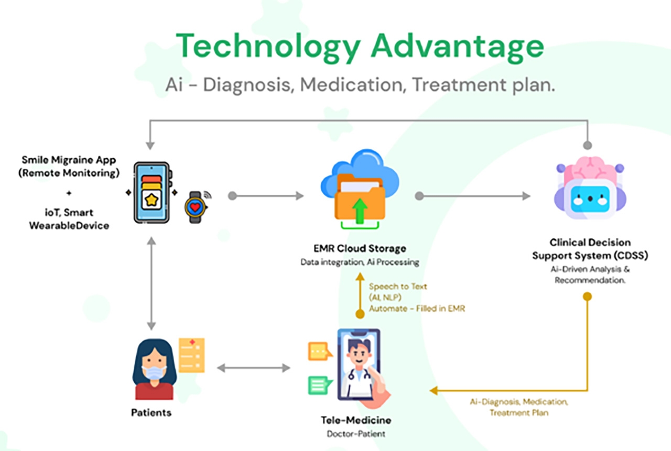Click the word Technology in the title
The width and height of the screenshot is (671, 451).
268,47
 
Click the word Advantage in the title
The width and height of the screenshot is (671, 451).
458,47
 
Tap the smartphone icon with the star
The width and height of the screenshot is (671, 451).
153,193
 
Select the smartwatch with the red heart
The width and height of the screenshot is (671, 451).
196,207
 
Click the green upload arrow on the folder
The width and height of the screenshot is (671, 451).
360,211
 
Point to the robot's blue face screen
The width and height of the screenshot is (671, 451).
590,199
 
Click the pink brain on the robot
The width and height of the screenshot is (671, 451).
590,169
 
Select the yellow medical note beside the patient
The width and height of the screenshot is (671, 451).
192,355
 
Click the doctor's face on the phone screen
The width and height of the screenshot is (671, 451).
359,355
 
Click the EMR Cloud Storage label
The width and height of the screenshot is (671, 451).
360,248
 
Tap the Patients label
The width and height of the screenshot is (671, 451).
151,413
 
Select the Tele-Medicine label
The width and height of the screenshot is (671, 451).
356,420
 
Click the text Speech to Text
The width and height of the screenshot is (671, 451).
398,287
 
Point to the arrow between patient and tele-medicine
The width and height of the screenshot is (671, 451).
253,368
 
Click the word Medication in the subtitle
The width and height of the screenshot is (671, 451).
352,85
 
